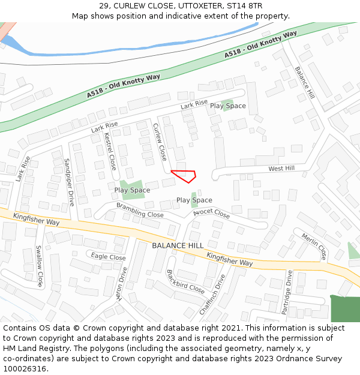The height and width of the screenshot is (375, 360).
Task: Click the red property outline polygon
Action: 185,175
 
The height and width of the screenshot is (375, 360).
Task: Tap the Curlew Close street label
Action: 160,142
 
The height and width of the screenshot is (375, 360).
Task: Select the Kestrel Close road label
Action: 110,151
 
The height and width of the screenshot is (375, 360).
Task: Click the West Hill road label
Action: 281,169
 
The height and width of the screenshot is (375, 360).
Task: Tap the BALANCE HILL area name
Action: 178,246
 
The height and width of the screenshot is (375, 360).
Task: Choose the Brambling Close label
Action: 140,210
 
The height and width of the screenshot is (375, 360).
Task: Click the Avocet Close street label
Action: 212,213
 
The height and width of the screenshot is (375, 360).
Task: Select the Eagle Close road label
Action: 109,257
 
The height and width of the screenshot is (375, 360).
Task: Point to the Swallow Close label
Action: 39,266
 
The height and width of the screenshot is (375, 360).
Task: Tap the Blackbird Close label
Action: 185,280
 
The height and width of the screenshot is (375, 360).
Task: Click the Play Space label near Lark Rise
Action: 228,106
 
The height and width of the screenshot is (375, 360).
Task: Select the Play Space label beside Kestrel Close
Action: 133,190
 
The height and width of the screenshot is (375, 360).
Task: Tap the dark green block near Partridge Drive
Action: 345,308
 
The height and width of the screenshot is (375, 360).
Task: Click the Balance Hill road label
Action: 305,82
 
